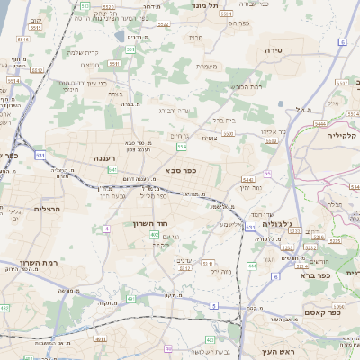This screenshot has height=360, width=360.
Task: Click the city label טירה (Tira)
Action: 274,51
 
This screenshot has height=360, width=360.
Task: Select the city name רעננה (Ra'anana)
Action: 107,158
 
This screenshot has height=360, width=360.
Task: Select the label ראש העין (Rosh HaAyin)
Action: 266,350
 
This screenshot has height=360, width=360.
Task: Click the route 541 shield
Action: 112,169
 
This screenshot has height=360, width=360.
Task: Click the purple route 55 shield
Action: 267,173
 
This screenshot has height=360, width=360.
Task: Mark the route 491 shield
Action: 101,340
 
